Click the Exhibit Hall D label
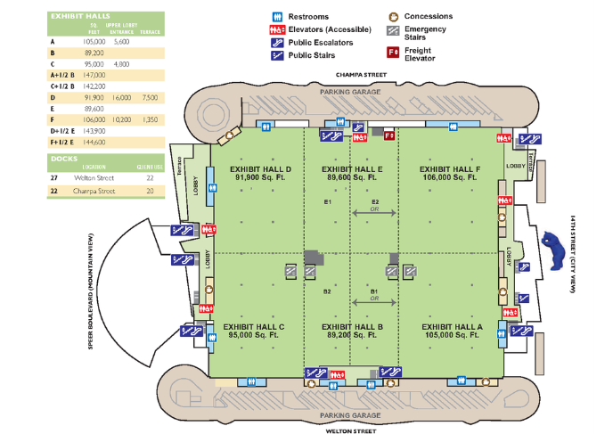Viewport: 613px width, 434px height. pyautogui.click(x=260, y=173)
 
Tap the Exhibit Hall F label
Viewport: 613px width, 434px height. pyautogui.click(x=449, y=173)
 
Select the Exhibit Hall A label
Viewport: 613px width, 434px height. pyautogui.click(x=451, y=331)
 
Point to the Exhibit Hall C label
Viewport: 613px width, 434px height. pyautogui.click(x=254, y=331)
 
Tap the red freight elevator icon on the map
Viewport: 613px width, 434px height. pyautogui.click(x=388, y=135)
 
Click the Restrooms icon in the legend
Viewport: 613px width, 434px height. pyautogui.click(x=277, y=17)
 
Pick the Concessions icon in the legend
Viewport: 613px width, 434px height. pyautogui.click(x=393, y=16)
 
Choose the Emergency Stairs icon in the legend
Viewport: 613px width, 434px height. pyautogui.click(x=393, y=30)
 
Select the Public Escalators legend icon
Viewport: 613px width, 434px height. pyautogui.click(x=277, y=42)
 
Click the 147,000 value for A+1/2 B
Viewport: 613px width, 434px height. pyautogui.click(x=94, y=76)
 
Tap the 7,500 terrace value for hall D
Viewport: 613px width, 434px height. pyautogui.click(x=150, y=96)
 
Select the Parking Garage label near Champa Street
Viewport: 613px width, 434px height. pyautogui.click(x=351, y=92)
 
